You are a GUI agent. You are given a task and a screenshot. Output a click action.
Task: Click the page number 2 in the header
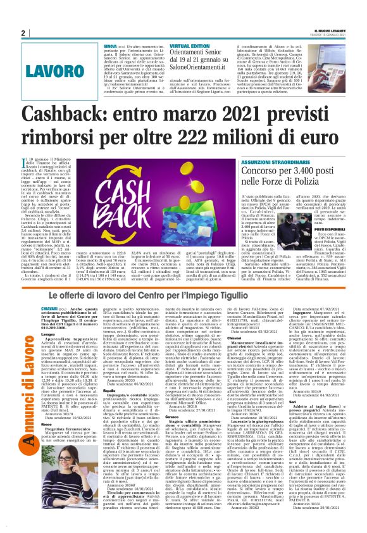tap(22, 32)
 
